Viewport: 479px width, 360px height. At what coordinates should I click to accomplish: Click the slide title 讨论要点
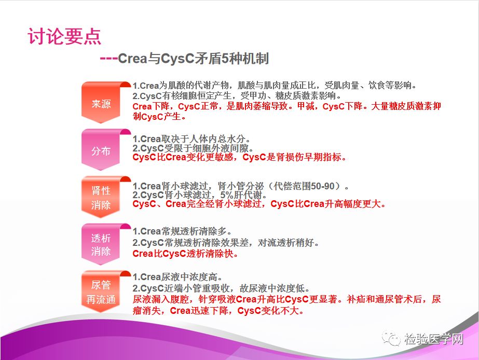click(x=64, y=37)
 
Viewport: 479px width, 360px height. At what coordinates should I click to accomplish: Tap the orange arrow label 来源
click(x=101, y=104)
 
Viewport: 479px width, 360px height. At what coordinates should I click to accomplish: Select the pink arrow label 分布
click(x=101, y=151)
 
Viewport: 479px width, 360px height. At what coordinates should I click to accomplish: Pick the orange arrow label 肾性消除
click(x=101, y=198)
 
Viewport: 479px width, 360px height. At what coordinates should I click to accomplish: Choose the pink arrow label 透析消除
click(x=101, y=244)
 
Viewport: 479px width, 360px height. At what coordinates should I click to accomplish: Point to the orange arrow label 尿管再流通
click(x=101, y=292)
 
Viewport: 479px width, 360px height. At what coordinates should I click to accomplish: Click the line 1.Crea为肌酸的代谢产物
click(x=275, y=85)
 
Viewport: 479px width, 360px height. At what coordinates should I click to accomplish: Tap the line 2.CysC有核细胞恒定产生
click(x=237, y=95)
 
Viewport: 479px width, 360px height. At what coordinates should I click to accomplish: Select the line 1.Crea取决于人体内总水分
click(x=191, y=139)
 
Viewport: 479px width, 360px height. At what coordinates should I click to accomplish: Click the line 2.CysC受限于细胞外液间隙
click(x=193, y=148)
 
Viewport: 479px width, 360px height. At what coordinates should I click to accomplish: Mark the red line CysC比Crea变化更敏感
click(x=239, y=157)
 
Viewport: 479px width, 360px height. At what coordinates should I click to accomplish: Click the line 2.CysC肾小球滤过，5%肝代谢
click(x=200, y=195)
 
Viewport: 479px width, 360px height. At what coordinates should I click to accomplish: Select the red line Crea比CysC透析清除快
click(x=185, y=254)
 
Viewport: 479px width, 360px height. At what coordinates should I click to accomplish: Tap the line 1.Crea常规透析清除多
click(x=182, y=231)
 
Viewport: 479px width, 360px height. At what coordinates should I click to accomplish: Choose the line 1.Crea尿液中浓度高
click(x=177, y=277)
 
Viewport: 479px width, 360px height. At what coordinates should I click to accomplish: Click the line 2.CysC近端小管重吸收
click(x=221, y=288)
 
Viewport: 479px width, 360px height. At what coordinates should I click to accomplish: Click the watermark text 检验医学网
click(x=434, y=339)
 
